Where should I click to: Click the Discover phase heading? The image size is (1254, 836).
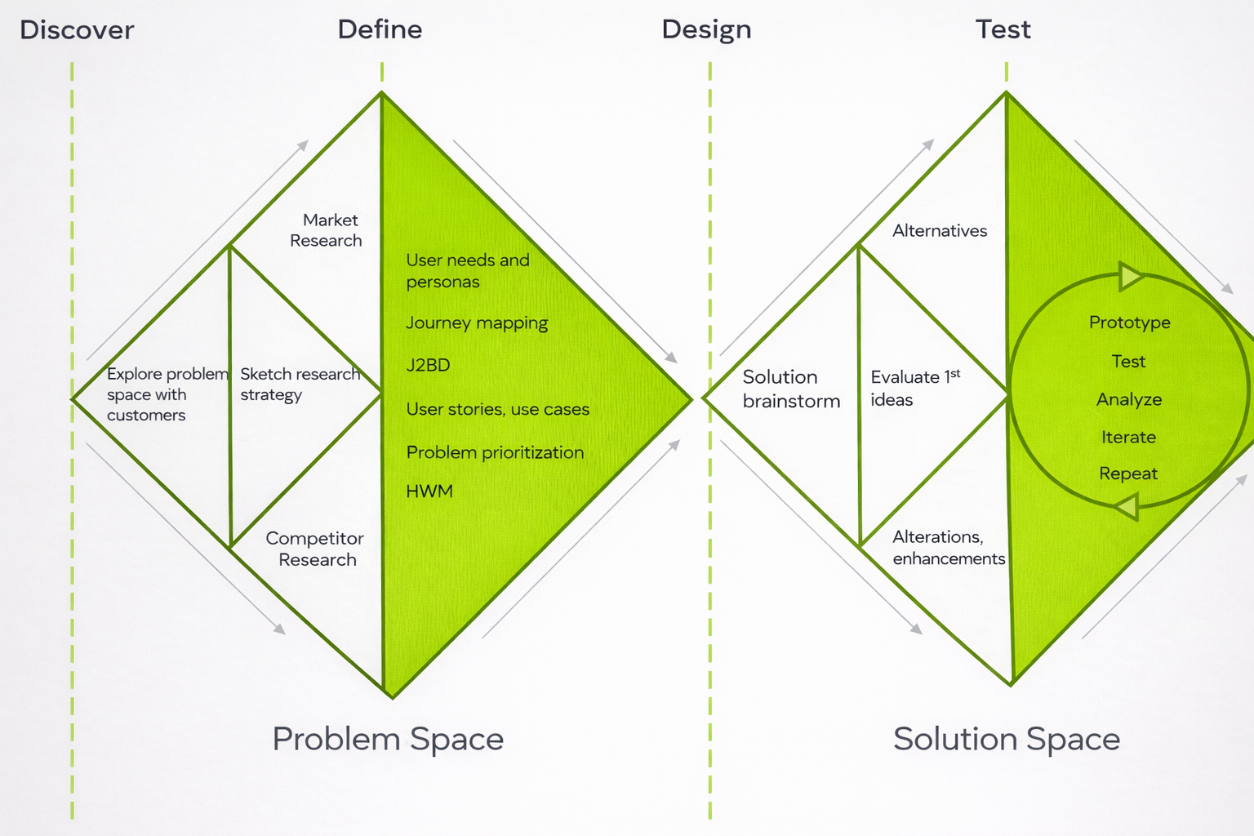pos(77,30)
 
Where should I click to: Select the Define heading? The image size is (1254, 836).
pos(380,30)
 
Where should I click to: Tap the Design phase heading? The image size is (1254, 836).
pos(706,30)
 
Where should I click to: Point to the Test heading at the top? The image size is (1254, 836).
pos(1003,30)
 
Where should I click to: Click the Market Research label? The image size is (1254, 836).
pos(327,230)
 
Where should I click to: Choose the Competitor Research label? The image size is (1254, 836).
pos(315,549)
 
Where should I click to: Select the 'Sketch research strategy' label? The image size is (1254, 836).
pos(300,385)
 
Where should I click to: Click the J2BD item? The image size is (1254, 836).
pos(428,365)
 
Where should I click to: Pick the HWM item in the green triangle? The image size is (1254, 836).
pos(429,491)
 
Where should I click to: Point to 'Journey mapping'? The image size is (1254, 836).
pos(477,323)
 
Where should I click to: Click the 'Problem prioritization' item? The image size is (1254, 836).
pos(495,452)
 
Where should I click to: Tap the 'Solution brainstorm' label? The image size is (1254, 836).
pos(790,389)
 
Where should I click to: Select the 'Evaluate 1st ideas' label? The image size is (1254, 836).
pos(914,388)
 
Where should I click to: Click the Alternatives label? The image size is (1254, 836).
pos(940,231)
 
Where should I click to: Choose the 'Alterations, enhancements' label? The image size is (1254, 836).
pos(948,548)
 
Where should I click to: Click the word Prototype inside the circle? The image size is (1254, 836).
pos(1129,322)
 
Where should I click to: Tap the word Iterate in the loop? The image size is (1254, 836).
pos(1128,437)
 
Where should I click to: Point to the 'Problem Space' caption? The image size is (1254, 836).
pos(388,739)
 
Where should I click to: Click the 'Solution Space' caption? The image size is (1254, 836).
pos(1006,739)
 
